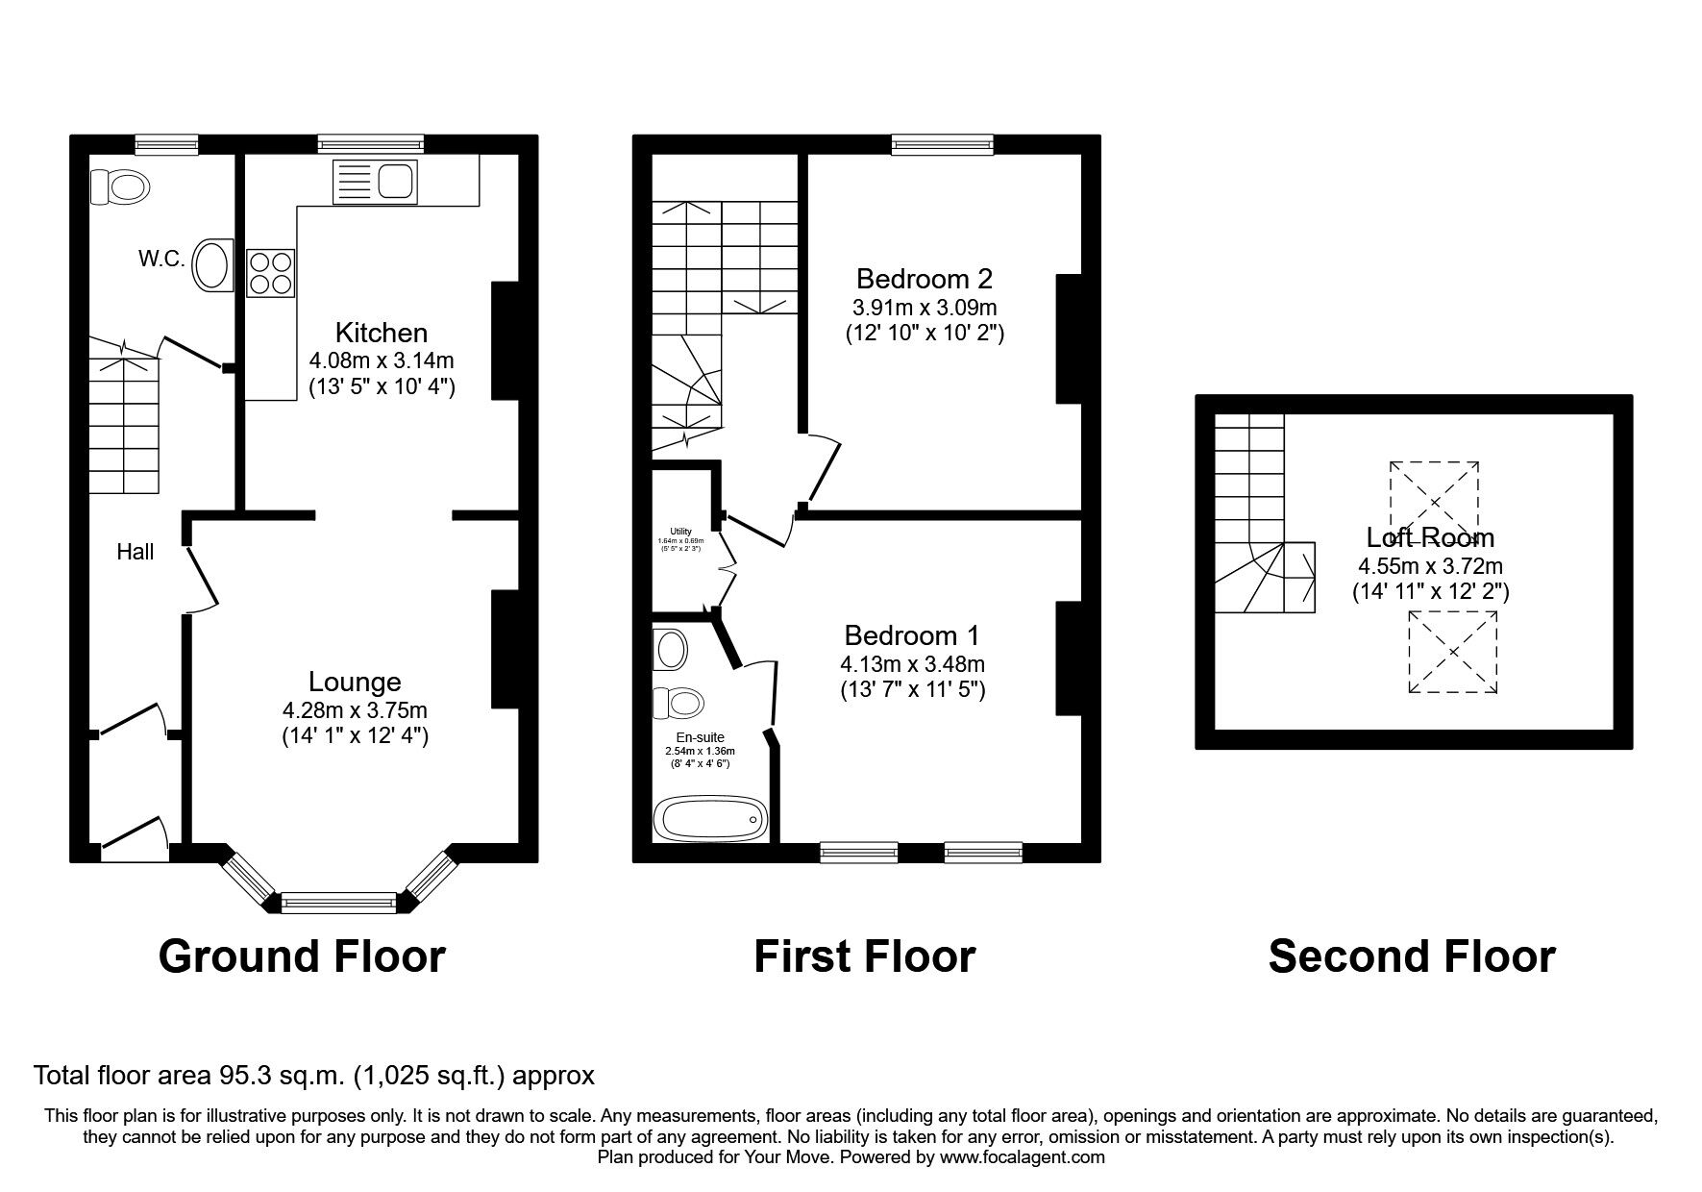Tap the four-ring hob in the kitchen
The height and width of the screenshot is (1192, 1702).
coord(271,272)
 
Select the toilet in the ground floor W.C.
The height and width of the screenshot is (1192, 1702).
coord(119,186)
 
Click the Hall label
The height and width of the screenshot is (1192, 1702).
coord(136,552)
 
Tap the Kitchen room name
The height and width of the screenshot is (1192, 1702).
coord(381,334)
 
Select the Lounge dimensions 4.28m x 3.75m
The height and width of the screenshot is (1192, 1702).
coord(355,710)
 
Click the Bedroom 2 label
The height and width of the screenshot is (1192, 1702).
coord(924,280)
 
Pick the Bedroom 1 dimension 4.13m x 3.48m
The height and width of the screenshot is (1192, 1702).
coord(912,664)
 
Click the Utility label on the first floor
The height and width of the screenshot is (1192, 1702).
coord(680,532)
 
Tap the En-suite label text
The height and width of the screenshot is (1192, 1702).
coord(700,737)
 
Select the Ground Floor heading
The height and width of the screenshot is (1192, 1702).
coord(302,956)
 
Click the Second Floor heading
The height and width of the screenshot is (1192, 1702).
coord(1412,956)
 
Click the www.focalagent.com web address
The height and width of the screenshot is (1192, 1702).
coord(1023,1157)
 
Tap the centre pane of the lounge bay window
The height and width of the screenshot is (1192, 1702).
coord(338,903)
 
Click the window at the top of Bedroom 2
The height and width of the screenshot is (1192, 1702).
coord(942,145)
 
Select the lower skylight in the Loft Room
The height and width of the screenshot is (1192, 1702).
coord(1453,652)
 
